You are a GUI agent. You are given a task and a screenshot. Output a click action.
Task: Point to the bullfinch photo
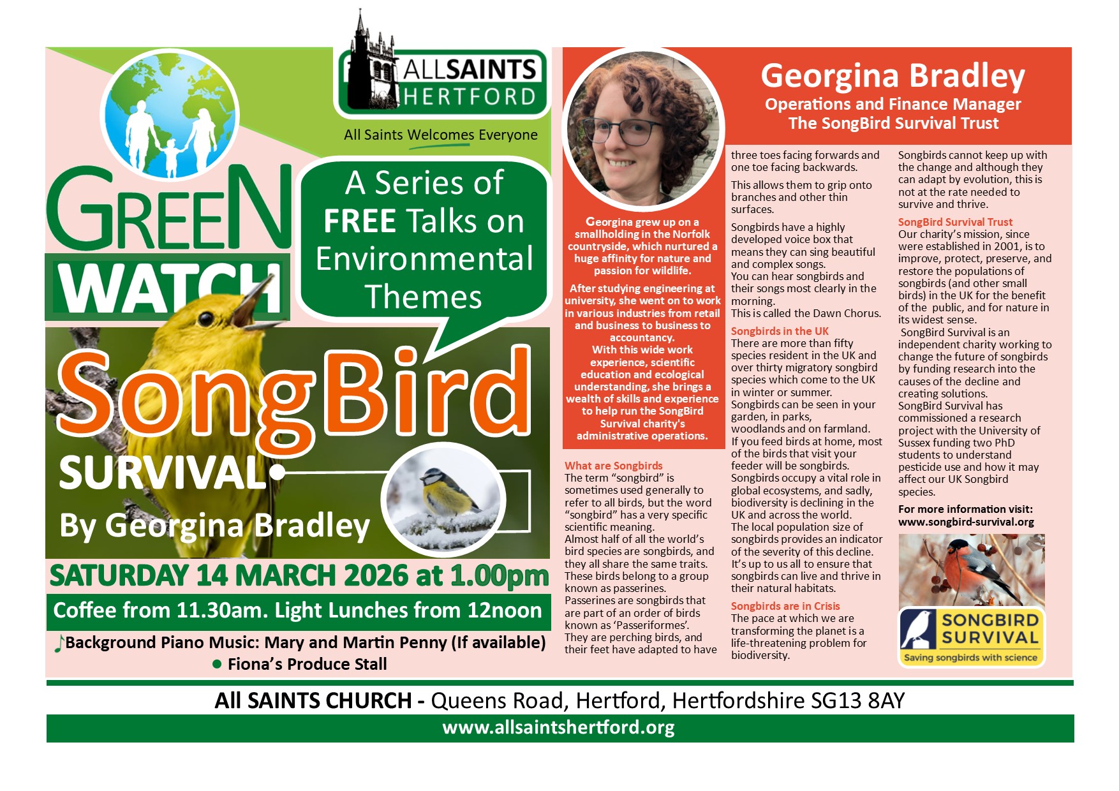[971, 570]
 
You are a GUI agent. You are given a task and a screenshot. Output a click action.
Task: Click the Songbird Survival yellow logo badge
[971, 637]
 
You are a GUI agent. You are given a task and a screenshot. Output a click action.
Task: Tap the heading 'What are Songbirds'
[613, 466]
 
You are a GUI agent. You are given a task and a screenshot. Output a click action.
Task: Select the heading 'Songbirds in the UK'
[780, 331]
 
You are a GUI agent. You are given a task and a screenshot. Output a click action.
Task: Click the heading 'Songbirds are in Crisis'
[785, 606]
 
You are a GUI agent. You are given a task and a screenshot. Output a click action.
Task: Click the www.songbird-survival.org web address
[966, 522]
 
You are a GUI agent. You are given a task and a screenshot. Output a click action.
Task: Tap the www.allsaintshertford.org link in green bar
[558, 728]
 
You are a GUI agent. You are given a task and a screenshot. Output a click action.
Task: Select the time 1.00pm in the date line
[499, 575]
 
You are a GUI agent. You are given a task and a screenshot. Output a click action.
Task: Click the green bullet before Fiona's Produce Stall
[217, 665]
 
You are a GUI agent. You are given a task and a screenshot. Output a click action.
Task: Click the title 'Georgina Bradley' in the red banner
[893, 76]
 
